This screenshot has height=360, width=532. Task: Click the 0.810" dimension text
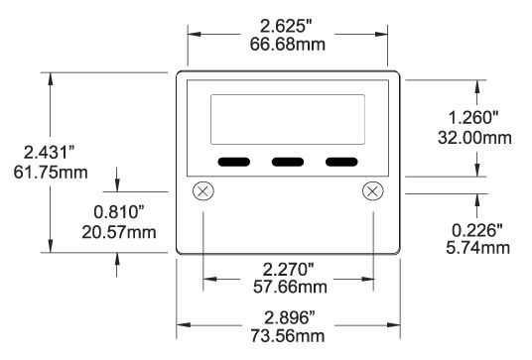coord(120,211)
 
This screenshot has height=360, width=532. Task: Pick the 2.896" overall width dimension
coord(289,316)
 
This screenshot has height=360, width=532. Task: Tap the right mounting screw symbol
coord(373,190)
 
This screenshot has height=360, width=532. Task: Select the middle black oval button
coord(288,161)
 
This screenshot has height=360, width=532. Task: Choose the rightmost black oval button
coord(341,161)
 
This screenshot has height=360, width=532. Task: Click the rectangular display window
coord(288,119)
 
